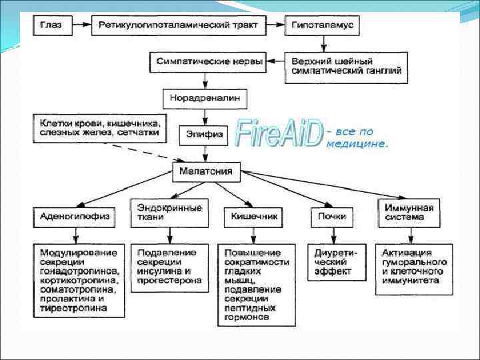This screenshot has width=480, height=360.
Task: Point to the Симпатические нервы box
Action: tap(209, 62)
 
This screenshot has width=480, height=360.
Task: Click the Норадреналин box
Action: tap(205, 99)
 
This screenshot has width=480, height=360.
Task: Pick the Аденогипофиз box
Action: tap(75, 217)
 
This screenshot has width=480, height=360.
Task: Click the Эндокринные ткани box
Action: tap(169, 213)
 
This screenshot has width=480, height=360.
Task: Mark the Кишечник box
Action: tap(249, 217)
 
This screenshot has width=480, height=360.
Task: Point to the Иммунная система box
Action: tap(409, 213)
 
